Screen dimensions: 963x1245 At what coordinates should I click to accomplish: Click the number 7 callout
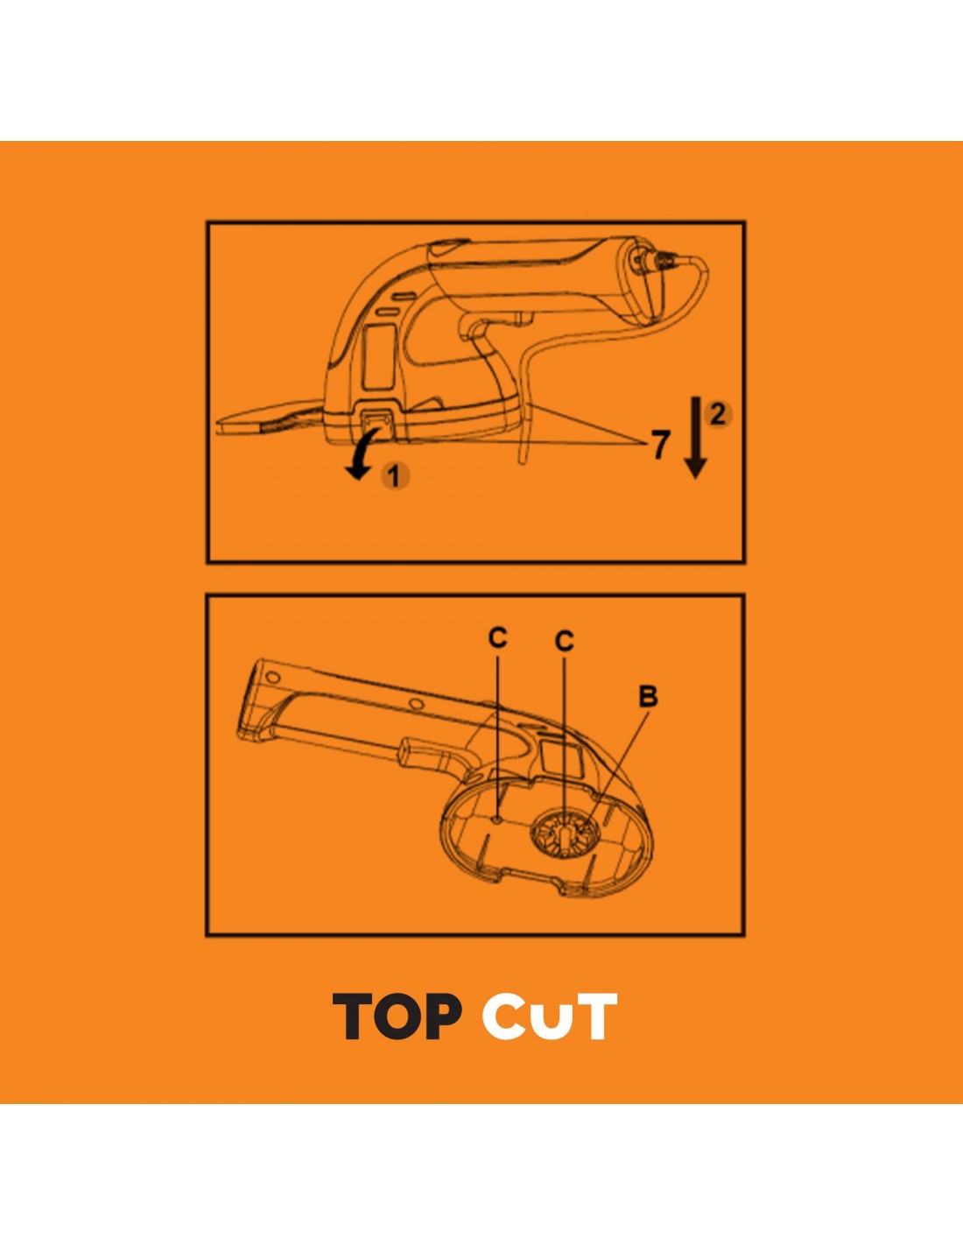point(660,445)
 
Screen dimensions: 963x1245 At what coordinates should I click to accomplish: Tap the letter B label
point(648,697)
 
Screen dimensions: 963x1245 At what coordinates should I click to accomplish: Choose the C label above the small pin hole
point(497,637)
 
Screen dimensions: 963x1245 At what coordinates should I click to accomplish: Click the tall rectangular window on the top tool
point(379,355)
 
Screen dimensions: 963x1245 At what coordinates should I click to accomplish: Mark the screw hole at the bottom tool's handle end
point(272,677)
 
